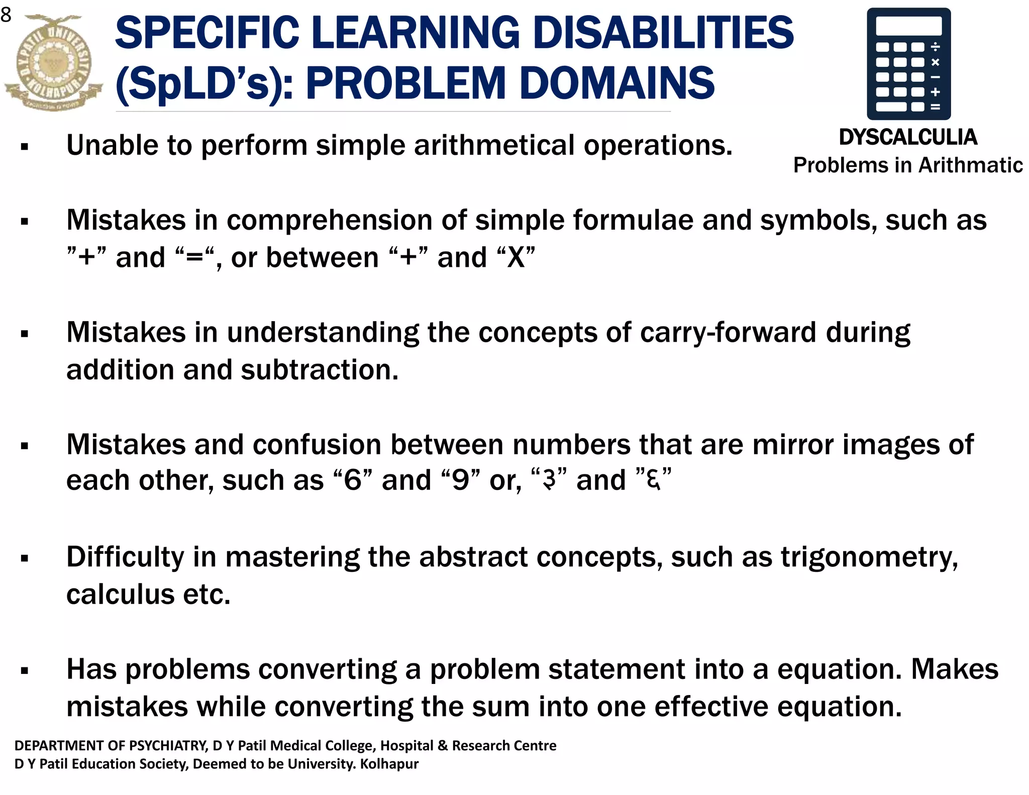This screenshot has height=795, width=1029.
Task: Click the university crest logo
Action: pyautogui.click(x=53, y=62)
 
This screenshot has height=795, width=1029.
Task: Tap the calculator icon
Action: pyautogui.click(x=908, y=64)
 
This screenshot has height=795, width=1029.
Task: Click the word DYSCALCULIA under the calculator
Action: pyautogui.click(x=908, y=137)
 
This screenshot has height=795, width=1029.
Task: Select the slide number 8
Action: pyautogui.click(x=6, y=15)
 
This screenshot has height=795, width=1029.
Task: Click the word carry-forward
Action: pyautogui.click(x=728, y=333)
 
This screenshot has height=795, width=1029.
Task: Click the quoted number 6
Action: pyautogui.click(x=353, y=480)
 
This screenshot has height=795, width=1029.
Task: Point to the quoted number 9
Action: pyautogui.click(x=460, y=480)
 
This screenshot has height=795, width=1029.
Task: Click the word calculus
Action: pyautogui.click(x=121, y=595)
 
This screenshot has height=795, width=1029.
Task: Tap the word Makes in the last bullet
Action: pyautogui.click(x=955, y=670)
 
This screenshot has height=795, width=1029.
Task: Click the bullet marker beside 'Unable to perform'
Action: pyautogui.click(x=25, y=147)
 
